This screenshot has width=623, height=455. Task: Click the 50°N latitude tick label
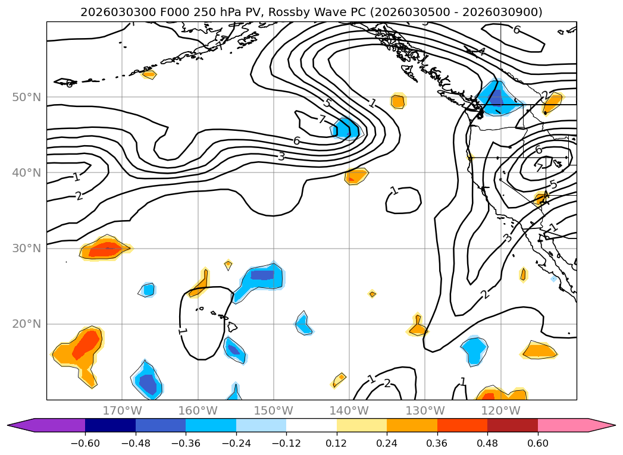tap(27, 97)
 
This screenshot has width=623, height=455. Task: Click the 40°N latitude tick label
tap(27, 172)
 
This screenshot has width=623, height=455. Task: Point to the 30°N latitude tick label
tap(27, 248)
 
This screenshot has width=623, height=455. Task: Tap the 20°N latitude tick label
tap(27, 324)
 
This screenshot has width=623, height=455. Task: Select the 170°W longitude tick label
tap(122, 410)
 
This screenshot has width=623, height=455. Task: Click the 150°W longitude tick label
tap(274, 410)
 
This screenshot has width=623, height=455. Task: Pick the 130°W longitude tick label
tap(425, 410)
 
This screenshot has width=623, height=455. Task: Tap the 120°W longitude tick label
tap(500, 410)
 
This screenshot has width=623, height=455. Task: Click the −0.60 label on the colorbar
tap(85, 443)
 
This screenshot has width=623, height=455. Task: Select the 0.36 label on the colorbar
tap(437, 443)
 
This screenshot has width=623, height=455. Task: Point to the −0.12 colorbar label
tap(286, 443)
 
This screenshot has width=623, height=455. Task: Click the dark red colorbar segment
tap(512, 425)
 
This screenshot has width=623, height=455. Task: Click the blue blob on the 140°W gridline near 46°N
tap(347, 128)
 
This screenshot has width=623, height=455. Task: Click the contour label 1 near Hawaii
tap(182, 331)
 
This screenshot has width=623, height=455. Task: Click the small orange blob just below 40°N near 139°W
tap(356, 176)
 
